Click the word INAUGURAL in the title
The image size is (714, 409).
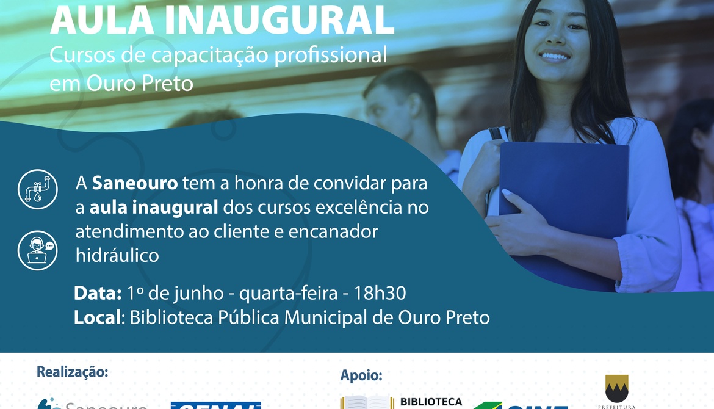tap(278, 20)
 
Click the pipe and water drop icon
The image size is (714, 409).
tap(37, 189)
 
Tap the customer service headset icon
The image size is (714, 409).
tap(37, 250)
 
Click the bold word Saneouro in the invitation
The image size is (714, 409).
tap(135, 183)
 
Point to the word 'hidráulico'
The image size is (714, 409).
tap(117, 255)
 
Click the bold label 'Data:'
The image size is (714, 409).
tap(98, 294)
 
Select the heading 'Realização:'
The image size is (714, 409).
tap(73, 372)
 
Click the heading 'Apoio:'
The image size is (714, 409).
tap(361, 375)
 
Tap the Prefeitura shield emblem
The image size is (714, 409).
tap(617, 387)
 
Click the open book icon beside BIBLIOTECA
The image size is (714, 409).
tap(366, 402)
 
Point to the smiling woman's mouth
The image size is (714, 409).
tap(554, 57)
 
